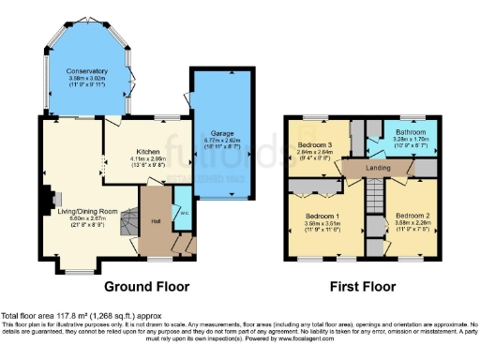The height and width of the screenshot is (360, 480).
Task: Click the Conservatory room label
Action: pyautogui.click(x=87, y=70)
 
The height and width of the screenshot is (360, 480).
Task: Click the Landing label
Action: pyautogui.click(x=378, y=169)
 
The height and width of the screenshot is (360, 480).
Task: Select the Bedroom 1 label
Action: pyautogui.click(x=322, y=217)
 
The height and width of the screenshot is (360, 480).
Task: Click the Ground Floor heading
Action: pyautogui.click(x=146, y=286)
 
